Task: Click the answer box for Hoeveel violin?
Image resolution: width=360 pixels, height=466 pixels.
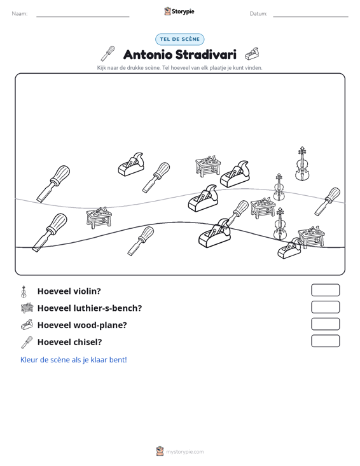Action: pos(325,290)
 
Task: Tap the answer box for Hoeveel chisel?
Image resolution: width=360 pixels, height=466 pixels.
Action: pos(325,341)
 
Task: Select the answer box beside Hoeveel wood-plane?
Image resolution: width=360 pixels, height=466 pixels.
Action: pos(325,324)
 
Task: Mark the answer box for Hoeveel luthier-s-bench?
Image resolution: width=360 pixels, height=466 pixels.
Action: pos(325,307)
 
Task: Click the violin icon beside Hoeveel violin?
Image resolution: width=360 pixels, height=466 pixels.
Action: pos(24,291)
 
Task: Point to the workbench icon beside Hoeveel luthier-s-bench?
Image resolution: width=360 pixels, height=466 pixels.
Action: pos(27,308)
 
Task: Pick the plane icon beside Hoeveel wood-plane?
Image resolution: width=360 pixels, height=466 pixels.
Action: pos(27,325)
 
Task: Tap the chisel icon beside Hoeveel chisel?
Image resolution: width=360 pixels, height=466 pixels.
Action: pos(27,342)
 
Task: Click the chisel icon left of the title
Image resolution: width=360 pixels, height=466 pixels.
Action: pos(107,53)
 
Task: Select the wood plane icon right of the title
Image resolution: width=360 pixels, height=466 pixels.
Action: pos(252,54)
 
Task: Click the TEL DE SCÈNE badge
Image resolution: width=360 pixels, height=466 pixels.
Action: pos(180,39)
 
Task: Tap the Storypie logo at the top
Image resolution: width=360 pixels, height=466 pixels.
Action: pos(179,11)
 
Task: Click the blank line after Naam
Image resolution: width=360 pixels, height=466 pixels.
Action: pos(83,17)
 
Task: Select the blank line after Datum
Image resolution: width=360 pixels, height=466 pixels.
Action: pos(310,17)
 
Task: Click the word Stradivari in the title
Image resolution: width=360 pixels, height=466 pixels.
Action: pos(205,55)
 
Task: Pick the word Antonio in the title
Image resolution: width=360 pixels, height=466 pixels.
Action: pos(148,55)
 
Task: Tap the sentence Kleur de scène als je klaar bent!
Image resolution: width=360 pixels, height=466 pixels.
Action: pos(73,360)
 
